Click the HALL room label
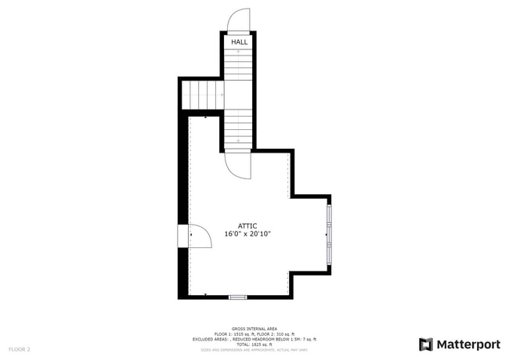[x=238, y=41]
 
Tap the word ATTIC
[x=247, y=225]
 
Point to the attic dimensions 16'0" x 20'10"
[x=247, y=234]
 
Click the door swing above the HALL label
[x=238, y=20]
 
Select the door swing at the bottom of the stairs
[x=238, y=163]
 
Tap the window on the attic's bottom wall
[x=237, y=297]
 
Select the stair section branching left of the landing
[x=203, y=95]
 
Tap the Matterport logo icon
[x=426, y=344]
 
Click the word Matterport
[x=468, y=344]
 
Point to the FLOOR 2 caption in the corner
[x=20, y=349]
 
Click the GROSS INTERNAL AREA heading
[x=254, y=329]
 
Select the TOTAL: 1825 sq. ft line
[x=254, y=344]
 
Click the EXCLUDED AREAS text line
[x=254, y=339]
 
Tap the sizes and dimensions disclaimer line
[x=254, y=350]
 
